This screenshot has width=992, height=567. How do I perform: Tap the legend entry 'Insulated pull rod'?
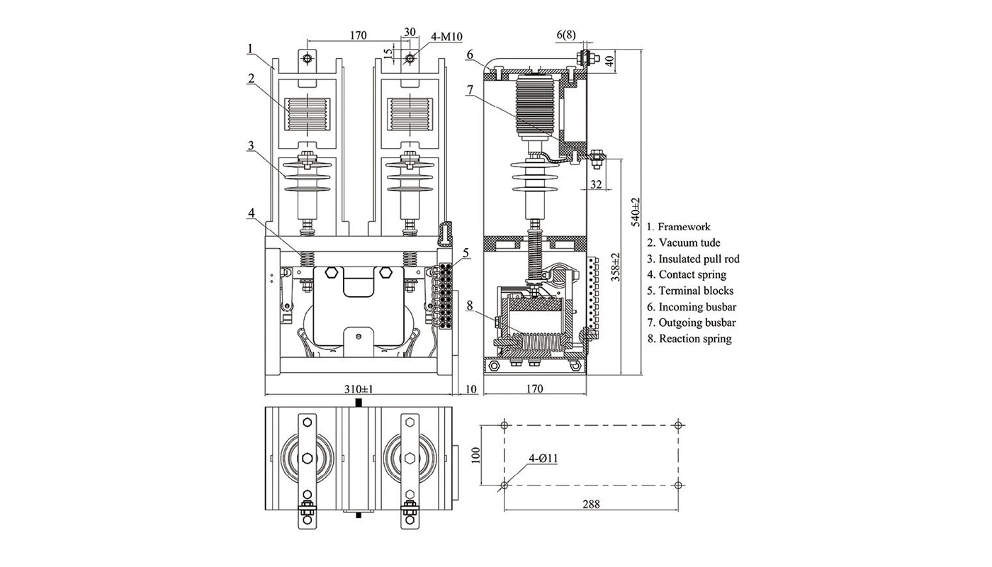[x=698, y=259]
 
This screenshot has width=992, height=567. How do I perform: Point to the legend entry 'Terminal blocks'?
[x=695, y=291]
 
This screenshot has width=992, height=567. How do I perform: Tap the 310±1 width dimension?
[x=359, y=389]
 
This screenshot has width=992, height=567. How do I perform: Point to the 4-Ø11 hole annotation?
[x=543, y=459]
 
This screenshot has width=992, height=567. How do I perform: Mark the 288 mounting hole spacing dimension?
[x=591, y=505]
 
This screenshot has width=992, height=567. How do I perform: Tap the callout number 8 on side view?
[x=470, y=307]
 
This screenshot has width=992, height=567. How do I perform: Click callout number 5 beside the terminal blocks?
[x=466, y=252]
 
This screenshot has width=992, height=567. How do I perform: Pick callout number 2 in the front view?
[x=251, y=79]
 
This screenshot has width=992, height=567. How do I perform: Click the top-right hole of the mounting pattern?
[x=679, y=425]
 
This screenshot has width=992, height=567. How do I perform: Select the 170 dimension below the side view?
[x=535, y=388]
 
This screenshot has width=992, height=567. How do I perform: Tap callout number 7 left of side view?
[x=470, y=89]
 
